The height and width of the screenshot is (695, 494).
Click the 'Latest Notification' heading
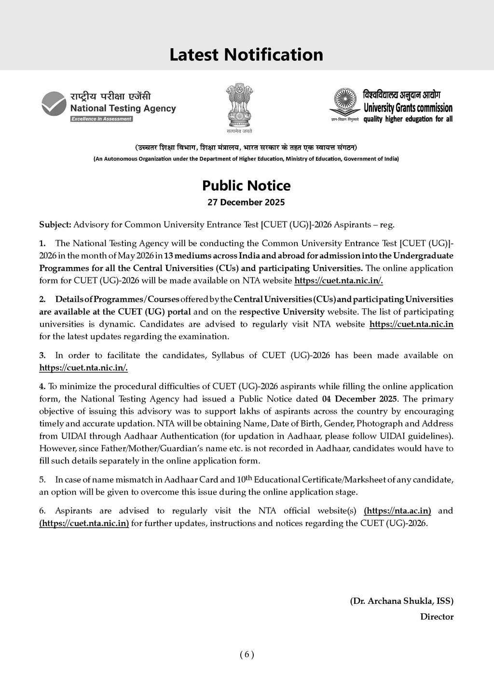click(x=246, y=55)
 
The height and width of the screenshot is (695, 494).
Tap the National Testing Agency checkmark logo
click(x=54, y=104)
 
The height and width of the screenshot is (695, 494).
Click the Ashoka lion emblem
click(x=239, y=105)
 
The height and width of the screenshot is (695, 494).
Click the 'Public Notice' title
click(x=246, y=185)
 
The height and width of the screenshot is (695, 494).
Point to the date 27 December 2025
click(x=246, y=202)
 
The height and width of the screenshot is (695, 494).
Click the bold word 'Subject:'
click(x=55, y=224)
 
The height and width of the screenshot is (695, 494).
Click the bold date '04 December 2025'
click(x=359, y=399)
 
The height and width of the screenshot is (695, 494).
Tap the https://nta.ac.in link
click(x=398, y=511)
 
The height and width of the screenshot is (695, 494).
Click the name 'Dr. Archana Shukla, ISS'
click(x=401, y=601)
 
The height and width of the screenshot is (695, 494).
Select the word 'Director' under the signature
click(x=437, y=616)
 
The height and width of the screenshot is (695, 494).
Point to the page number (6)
click(x=247, y=654)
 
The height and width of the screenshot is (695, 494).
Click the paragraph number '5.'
click(x=42, y=480)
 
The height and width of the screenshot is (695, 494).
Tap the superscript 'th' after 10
click(x=248, y=478)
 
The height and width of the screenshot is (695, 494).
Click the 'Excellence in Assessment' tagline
click(x=101, y=119)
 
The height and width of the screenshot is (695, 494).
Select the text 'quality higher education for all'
click(x=408, y=119)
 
